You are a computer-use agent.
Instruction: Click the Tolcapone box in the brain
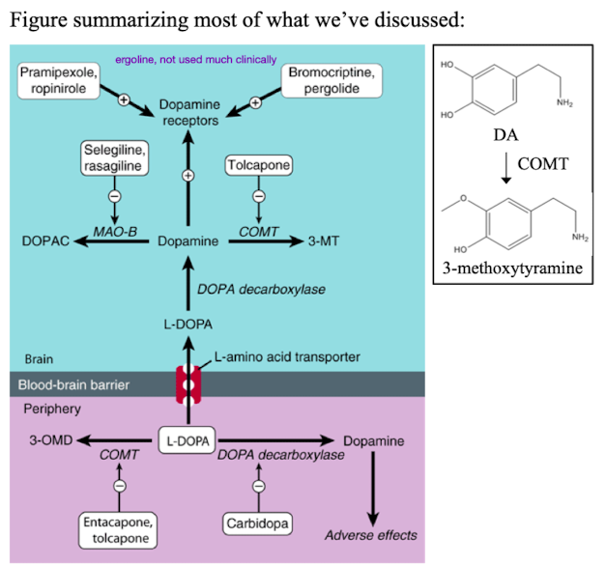coord(258,166)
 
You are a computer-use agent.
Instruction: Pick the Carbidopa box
coord(258,524)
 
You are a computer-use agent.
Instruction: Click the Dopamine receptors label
coord(189,112)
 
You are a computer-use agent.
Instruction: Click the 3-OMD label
coord(45,440)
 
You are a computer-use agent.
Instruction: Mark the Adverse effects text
coord(371,535)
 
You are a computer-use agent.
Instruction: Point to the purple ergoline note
coord(195,59)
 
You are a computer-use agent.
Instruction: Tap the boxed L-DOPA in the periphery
coord(188,440)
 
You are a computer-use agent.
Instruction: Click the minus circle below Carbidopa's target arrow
coord(258,485)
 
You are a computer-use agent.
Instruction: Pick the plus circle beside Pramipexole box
coord(125,100)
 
